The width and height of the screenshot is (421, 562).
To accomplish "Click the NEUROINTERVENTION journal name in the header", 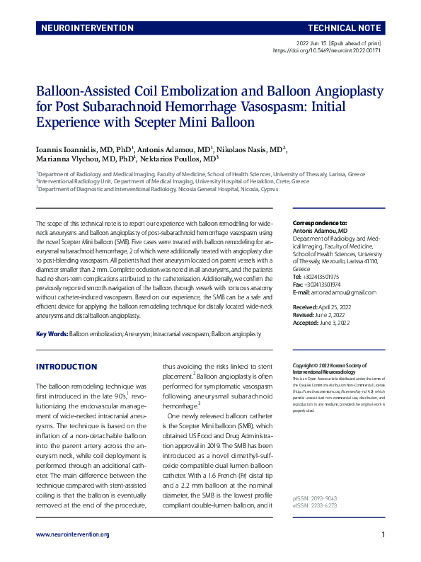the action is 88,28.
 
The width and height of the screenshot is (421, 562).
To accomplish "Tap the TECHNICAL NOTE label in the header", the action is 345,28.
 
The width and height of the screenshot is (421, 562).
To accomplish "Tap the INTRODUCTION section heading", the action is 67,367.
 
